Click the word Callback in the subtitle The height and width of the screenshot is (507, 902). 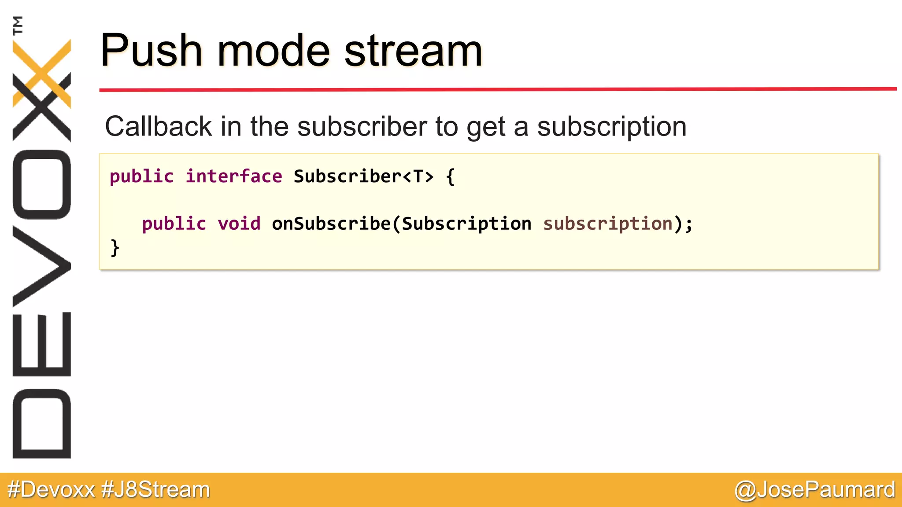159,127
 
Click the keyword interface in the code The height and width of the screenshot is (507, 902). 233,176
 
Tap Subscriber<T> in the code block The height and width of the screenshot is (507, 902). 363,176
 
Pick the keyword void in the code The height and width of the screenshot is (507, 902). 239,224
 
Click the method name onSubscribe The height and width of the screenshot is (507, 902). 331,224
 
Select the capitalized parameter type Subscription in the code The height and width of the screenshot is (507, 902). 466,224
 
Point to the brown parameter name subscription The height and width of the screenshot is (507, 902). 608,224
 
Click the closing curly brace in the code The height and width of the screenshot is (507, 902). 115,248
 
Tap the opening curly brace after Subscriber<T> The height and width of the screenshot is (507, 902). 450,177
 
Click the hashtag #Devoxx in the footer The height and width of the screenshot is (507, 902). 51,489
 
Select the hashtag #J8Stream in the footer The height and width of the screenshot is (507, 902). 155,489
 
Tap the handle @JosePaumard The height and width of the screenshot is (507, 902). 815,489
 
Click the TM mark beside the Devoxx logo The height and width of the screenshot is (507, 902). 18,25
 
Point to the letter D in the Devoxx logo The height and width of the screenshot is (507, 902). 42,424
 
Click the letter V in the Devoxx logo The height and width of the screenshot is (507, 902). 42,266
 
